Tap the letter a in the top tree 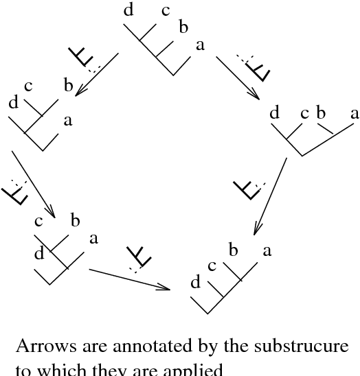200,46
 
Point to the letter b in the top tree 183,27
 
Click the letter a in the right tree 354,113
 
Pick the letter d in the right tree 275,113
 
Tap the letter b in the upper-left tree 67,86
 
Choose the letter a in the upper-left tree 67,121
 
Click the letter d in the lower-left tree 39,254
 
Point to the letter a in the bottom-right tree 267,251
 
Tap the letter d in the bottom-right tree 195,282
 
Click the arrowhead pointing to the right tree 255,95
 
